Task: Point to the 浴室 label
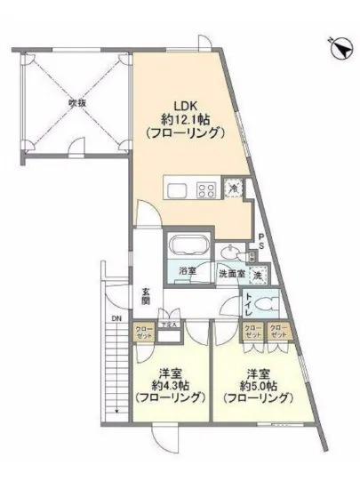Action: pyautogui.click(x=187, y=270)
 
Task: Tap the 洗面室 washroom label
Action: pyautogui.click(x=231, y=274)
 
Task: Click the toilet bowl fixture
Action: pyautogui.click(x=268, y=305)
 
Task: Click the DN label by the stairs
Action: pyautogui.click(x=116, y=319)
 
